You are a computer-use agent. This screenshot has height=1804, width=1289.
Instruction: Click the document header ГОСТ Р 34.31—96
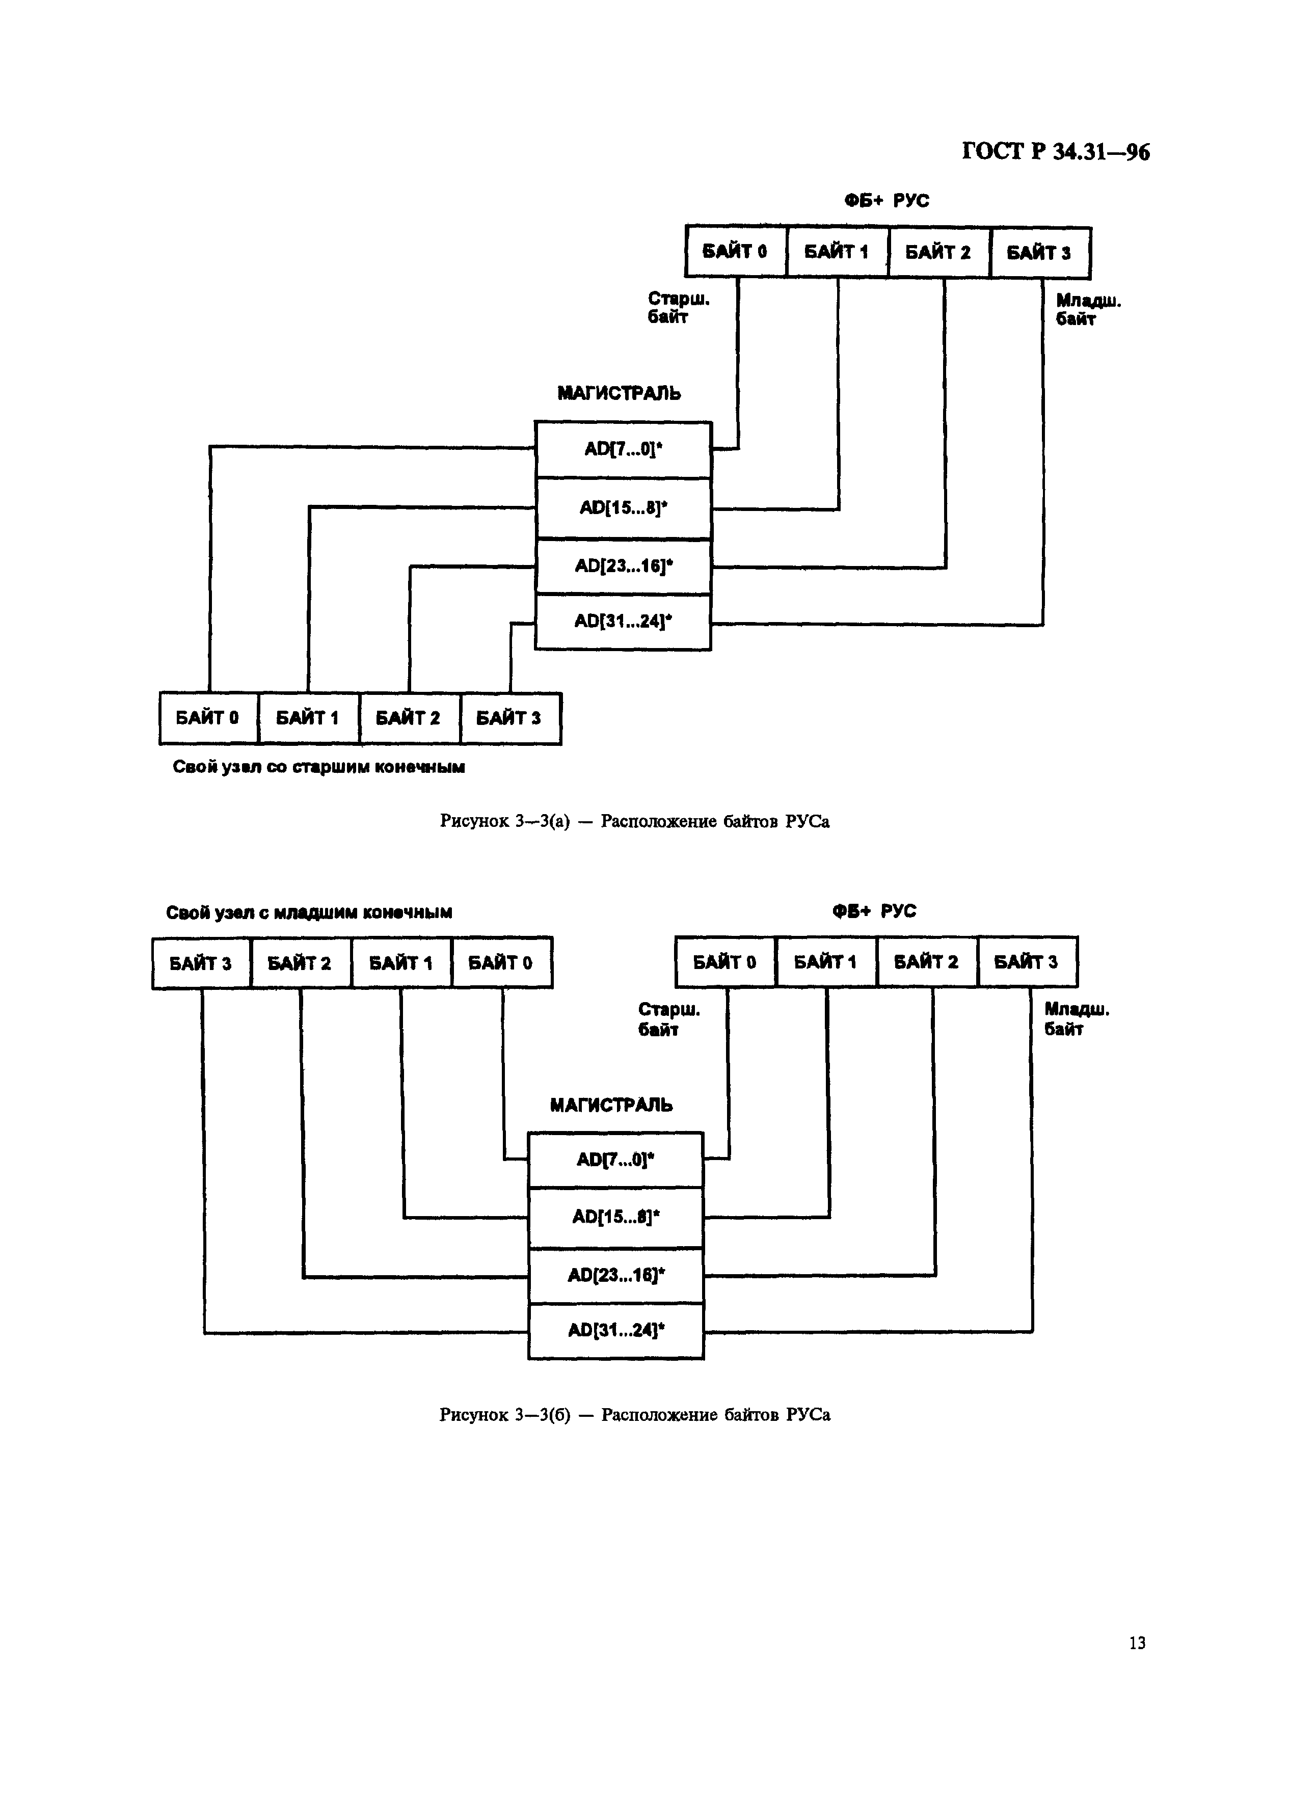pyautogui.click(x=1056, y=152)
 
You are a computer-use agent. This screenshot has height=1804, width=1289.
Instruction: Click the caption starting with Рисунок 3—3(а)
pyautogui.click(x=634, y=821)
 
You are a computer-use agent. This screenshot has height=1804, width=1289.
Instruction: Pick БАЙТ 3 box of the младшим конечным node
pyautogui.click(x=201, y=963)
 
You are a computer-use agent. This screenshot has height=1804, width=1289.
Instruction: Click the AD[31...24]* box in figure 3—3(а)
pyautogui.click(x=623, y=622)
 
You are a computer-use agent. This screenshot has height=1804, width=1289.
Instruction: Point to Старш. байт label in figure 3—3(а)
pyautogui.click(x=678, y=307)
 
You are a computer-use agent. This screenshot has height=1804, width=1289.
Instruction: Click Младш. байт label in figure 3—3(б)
pyautogui.click(x=1076, y=1019)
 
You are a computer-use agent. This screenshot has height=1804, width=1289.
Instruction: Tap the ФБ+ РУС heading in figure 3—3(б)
pyautogui.click(x=874, y=911)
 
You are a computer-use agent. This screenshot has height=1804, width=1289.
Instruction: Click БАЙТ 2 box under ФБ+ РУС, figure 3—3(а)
pyautogui.click(x=939, y=252)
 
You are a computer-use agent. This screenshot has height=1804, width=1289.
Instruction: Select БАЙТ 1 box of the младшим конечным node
pyautogui.click(x=401, y=963)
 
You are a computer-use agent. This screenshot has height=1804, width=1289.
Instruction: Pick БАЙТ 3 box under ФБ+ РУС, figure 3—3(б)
pyautogui.click(x=1027, y=962)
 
